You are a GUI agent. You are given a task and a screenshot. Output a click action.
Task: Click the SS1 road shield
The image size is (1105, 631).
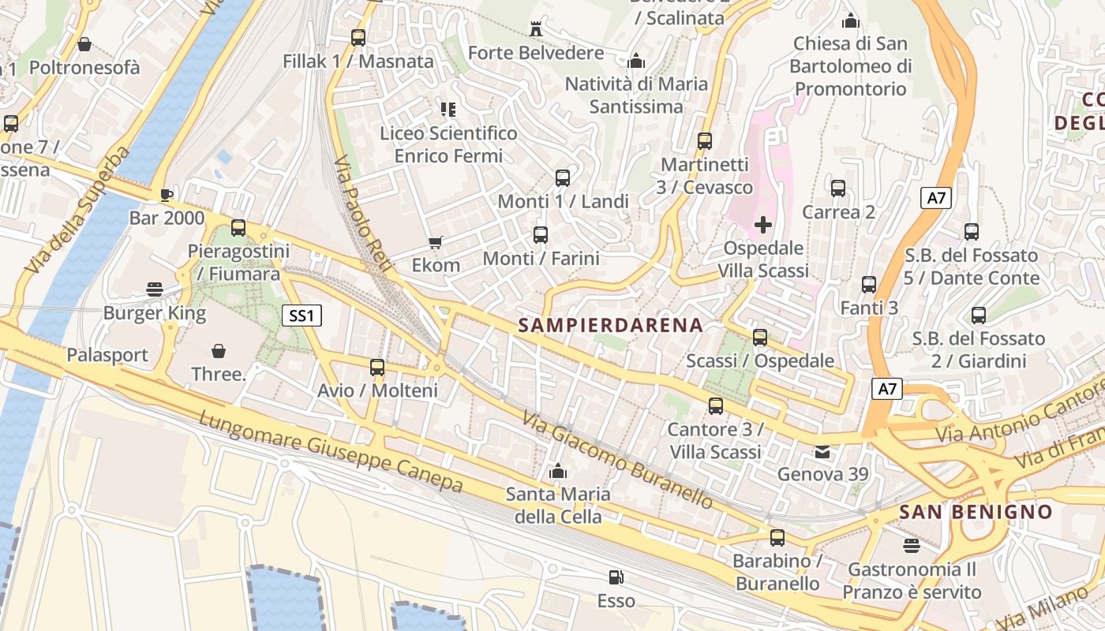point(302,316)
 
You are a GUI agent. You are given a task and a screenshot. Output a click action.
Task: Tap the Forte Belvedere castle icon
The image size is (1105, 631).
point(537,29)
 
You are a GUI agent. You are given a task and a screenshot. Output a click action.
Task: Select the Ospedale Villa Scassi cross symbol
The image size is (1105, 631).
point(763,225)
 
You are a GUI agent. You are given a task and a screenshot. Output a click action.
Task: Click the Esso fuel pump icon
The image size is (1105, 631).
point(616,577)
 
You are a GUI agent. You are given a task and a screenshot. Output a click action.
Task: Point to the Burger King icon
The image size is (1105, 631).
point(155,289)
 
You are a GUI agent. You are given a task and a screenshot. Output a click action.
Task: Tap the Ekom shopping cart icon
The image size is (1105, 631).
point(435,242)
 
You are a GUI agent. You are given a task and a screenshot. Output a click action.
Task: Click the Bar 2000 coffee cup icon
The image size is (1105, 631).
point(166,195)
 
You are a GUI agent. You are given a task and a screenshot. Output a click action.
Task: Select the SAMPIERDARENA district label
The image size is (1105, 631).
point(610,325)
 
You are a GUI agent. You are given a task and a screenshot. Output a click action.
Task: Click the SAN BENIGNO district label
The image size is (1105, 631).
point(976,511)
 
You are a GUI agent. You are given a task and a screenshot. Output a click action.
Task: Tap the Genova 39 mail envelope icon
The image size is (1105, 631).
point(822,452)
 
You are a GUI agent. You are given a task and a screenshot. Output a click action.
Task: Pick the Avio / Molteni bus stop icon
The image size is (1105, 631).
point(377,367)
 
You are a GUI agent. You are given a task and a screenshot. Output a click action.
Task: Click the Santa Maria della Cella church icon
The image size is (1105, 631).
point(558,472)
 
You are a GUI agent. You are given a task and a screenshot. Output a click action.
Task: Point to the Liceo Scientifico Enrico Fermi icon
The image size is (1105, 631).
point(448,110)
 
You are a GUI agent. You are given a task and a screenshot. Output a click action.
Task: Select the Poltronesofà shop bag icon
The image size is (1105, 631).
point(84,44)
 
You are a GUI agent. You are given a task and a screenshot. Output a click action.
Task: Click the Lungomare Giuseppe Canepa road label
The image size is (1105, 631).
point(330,452)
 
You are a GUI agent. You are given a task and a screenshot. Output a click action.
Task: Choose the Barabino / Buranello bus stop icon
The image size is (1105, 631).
point(777,538)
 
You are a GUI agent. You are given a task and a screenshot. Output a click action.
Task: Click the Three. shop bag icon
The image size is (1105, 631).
point(219,350)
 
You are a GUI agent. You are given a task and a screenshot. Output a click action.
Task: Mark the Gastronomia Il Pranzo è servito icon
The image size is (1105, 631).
point(912,546)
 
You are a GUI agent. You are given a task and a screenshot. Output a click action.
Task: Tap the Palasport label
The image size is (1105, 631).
point(107,355)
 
